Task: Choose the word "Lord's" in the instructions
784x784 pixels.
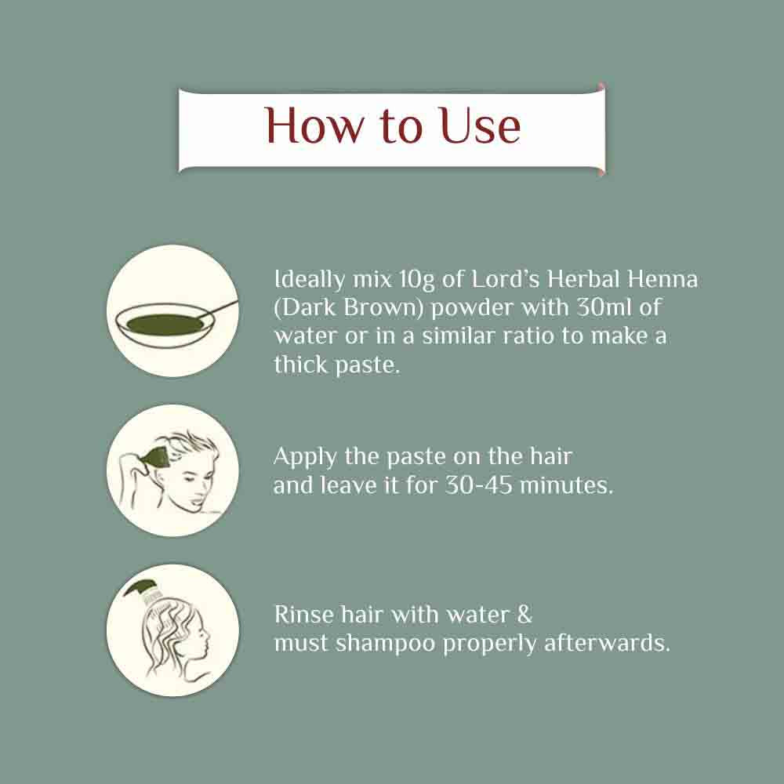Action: tap(506, 278)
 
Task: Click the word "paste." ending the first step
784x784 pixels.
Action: tap(368, 365)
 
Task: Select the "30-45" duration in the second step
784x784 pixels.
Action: tap(478, 485)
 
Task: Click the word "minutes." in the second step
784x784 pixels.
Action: tap(567, 485)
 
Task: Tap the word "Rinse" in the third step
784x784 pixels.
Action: tap(304, 614)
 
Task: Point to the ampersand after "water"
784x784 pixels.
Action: tap(524, 614)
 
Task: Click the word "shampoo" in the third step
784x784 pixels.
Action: tap(386, 644)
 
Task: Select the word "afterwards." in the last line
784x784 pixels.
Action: tap(607, 643)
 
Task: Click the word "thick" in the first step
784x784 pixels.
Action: tap(301, 364)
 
